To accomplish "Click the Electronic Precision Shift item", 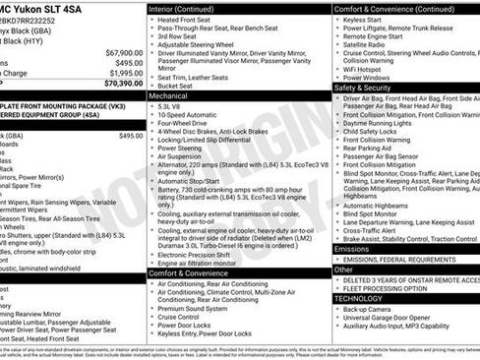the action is [201, 254].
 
